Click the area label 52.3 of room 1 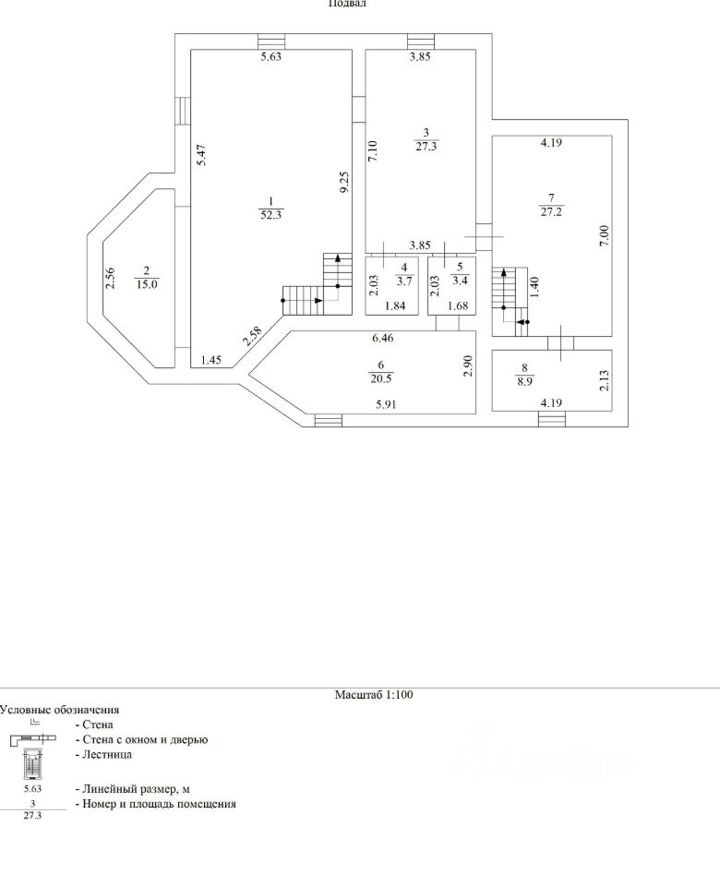270,215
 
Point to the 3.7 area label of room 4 403,281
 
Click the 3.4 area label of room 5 459,281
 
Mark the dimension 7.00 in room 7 604,236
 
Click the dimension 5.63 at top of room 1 270,57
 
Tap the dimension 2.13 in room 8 604,379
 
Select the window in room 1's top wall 271,42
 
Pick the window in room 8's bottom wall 551,420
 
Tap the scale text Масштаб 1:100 373,695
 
